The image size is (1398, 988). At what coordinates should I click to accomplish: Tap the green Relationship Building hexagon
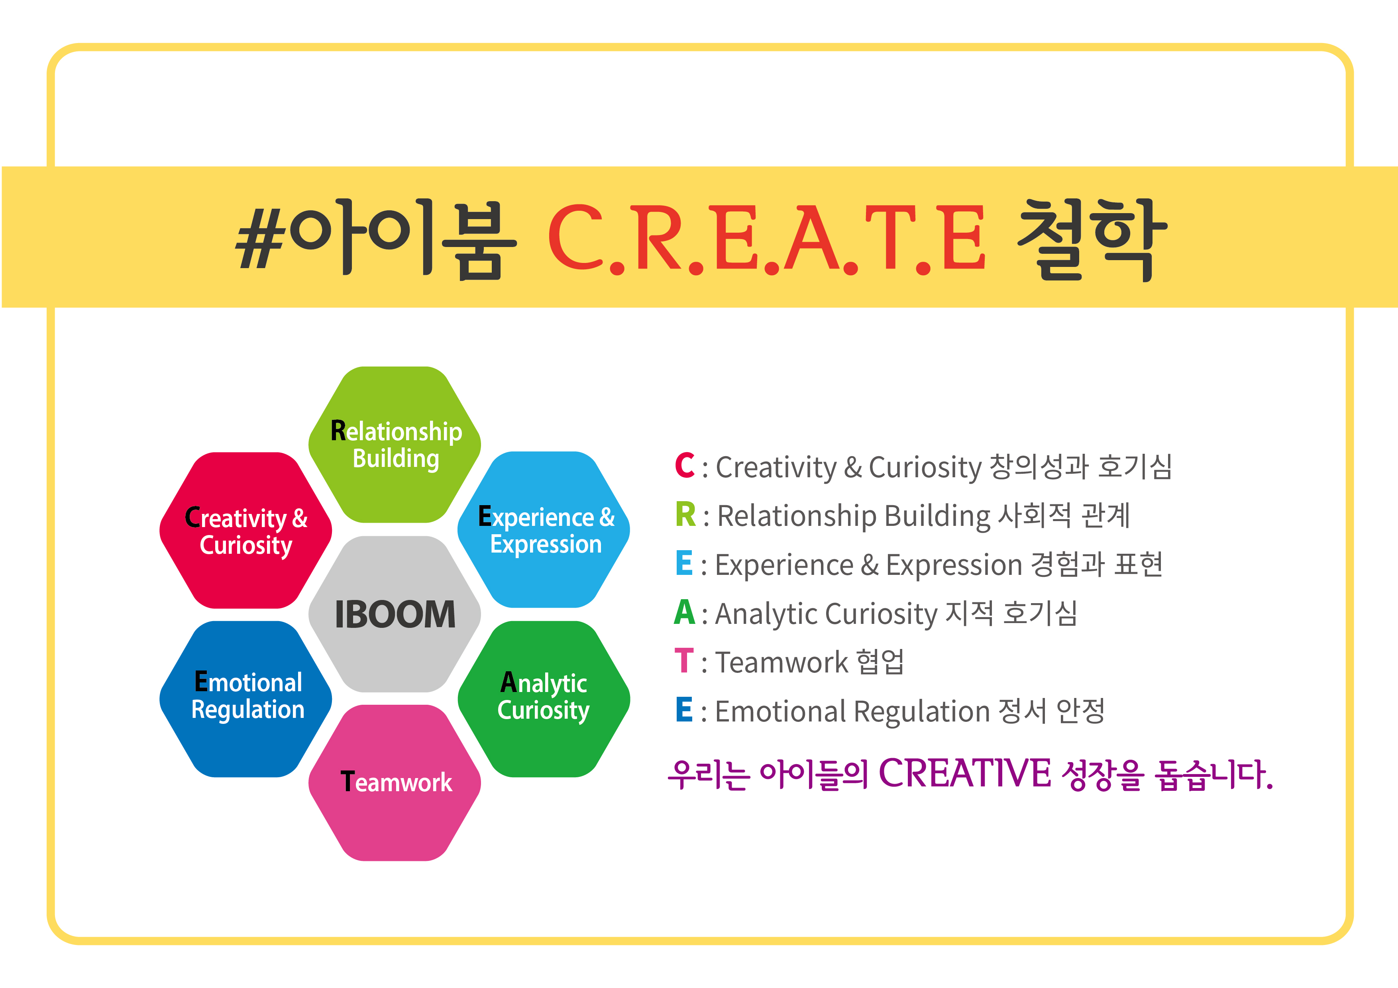click(x=395, y=444)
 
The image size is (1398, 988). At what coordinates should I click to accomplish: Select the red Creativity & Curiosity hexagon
click(x=246, y=530)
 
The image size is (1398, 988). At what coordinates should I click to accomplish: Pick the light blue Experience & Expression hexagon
click(x=544, y=529)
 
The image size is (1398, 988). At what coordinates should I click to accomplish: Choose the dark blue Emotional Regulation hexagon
click(x=246, y=699)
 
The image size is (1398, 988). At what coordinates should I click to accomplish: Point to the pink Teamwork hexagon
click(x=395, y=783)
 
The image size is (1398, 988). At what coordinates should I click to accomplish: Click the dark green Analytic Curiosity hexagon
click(x=544, y=699)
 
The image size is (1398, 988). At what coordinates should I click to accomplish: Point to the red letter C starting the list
click(x=685, y=466)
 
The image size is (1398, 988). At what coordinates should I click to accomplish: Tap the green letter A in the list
click(x=684, y=612)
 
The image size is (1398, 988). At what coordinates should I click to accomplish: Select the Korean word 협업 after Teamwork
click(x=880, y=662)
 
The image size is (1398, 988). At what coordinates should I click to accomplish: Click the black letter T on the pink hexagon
click(x=347, y=782)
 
